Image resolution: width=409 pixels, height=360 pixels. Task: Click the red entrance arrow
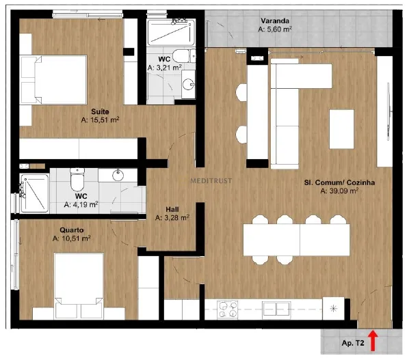pyautogui.click(x=373, y=340)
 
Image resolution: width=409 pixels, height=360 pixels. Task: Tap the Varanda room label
pyautogui.click(x=275, y=20)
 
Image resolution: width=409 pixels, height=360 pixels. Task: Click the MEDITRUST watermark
pyautogui.click(x=211, y=180)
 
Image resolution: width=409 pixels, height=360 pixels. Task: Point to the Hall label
pyautogui.click(x=172, y=210)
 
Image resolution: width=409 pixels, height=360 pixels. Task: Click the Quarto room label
pyautogui.click(x=72, y=230)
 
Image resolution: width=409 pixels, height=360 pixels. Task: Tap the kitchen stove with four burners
pyautogui.click(x=227, y=309)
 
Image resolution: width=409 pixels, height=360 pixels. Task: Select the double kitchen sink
pyautogui.click(x=276, y=309)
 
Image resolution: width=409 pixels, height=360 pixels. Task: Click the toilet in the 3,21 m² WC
pyautogui.click(x=184, y=55)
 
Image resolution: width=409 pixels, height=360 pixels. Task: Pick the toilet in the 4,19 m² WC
pyautogui.click(x=77, y=180)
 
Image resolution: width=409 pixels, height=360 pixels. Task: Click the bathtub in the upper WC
pyautogui.click(x=171, y=32)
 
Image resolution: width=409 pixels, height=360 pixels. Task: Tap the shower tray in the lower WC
pyautogui.click(x=35, y=193)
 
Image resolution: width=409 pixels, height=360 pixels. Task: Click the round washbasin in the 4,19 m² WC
pyautogui.click(x=118, y=175)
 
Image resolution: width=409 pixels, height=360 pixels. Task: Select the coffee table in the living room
pyautogui.click(x=341, y=129)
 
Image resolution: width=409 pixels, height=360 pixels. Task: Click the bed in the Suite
pyautogui.click(x=53, y=80)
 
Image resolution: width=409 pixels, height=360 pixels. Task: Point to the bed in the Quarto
pyautogui.click(x=79, y=286)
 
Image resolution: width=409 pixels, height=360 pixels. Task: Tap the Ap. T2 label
pyautogui.click(x=353, y=343)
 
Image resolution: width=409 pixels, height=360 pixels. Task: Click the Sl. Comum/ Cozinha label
pyautogui.click(x=339, y=182)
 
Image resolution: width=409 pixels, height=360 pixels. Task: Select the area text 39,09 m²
pyautogui.click(x=339, y=191)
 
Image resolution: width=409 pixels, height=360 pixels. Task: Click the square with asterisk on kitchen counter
pyautogui.click(x=333, y=309)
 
